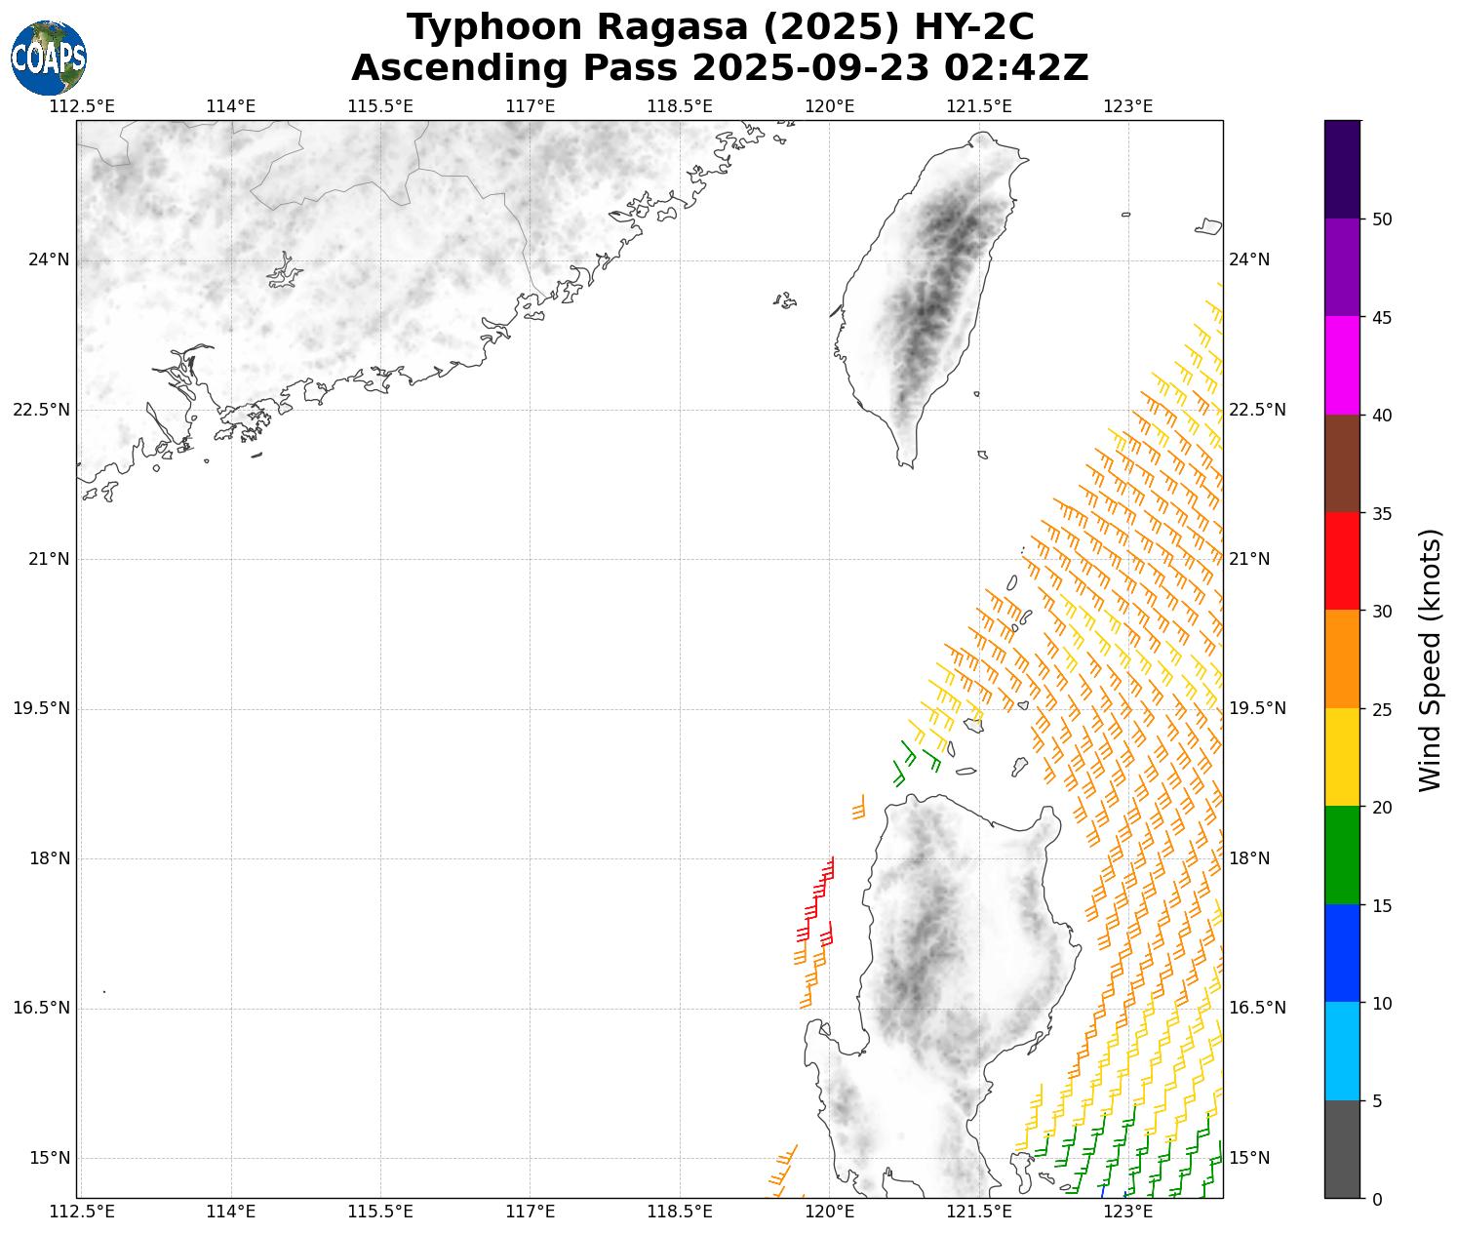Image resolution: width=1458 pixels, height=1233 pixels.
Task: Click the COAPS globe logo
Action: click(49, 58)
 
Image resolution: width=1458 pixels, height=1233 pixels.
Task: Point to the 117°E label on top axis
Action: click(531, 106)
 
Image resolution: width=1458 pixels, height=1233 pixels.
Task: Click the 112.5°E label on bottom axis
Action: click(82, 1212)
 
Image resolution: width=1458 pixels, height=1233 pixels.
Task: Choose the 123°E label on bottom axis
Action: click(1129, 1212)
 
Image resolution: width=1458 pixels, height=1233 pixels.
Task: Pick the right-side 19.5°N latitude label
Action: click(1257, 708)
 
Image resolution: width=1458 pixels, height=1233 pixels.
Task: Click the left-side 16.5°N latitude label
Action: click(41, 1009)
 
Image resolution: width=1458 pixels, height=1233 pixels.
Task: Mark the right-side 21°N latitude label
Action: click(1249, 559)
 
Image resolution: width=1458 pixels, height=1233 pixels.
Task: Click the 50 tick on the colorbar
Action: click(1381, 219)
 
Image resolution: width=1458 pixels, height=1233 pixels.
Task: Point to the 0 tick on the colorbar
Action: click(1376, 1199)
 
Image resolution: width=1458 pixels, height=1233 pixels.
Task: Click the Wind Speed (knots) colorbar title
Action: click(1430, 660)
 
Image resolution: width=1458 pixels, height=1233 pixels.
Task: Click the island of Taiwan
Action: click(931, 293)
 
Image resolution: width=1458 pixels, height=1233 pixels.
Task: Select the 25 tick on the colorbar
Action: click(1381, 709)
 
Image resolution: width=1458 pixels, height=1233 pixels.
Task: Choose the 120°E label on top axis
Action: click(830, 106)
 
